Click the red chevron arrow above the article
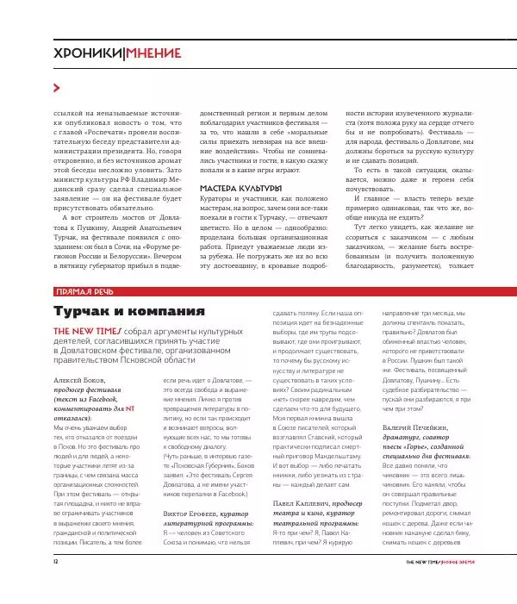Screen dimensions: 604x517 57,88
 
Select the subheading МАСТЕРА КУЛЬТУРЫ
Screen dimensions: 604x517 241,188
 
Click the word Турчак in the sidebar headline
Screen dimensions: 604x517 85,311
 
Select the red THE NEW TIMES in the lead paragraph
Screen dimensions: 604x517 87,331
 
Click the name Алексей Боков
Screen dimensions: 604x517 80,380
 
